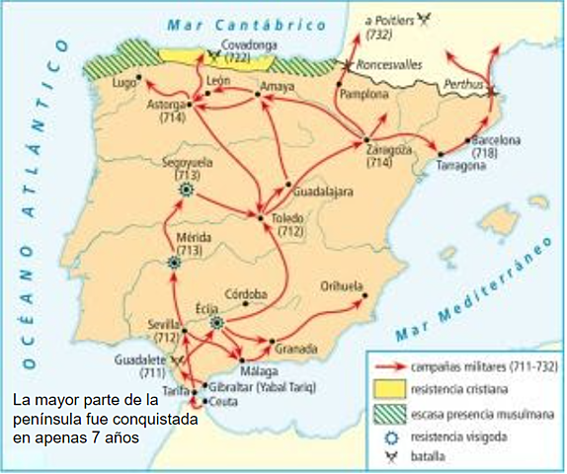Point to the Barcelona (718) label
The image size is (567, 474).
click(496, 147)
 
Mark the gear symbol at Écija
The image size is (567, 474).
click(217, 323)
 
